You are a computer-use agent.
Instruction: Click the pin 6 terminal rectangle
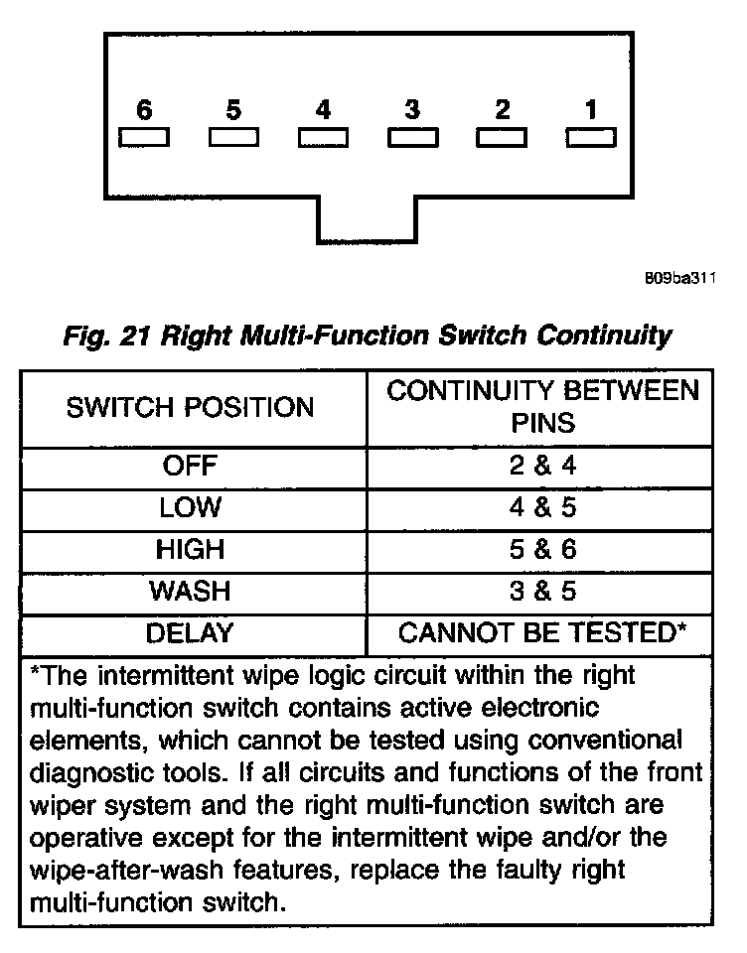[x=144, y=137]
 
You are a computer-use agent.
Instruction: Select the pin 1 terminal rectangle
[x=591, y=137]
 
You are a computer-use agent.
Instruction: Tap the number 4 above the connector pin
[x=323, y=110]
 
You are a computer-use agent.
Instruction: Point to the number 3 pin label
[x=412, y=110]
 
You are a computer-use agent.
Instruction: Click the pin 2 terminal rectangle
[x=502, y=137]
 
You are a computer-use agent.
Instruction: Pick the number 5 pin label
[x=233, y=110]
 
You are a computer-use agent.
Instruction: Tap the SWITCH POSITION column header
[x=190, y=407]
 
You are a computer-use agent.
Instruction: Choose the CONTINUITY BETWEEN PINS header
[x=542, y=407]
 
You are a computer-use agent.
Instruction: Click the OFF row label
[x=190, y=466]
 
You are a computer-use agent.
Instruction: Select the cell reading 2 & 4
[x=542, y=466]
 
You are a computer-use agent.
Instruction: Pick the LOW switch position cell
[x=190, y=507]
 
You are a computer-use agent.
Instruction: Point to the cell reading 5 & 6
[x=542, y=549]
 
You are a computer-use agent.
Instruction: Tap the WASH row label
[x=190, y=591]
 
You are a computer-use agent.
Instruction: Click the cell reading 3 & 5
[x=542, y=591]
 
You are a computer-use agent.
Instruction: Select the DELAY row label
[x=190, y=632]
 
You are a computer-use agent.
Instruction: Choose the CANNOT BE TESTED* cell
[x=542, y=632]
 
